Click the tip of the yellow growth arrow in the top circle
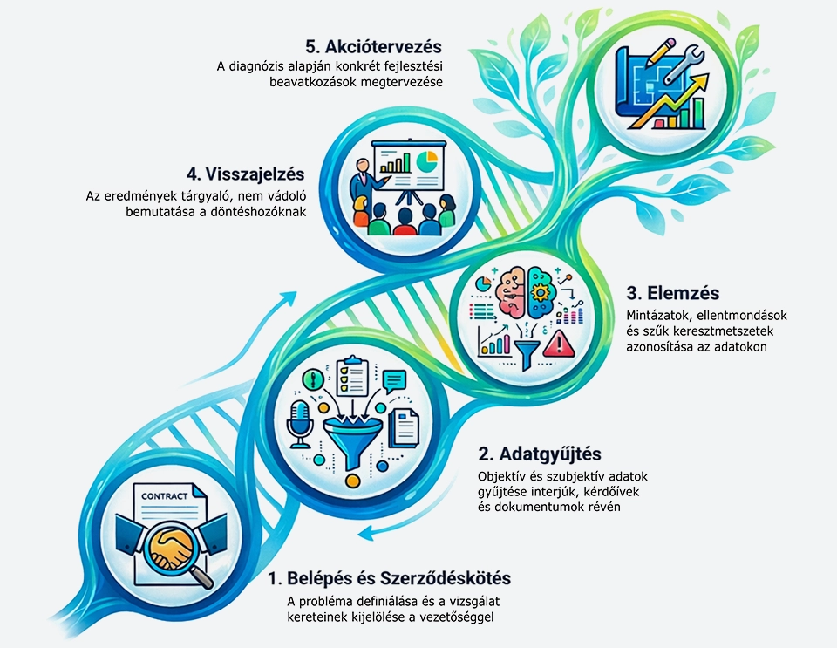[708, 75]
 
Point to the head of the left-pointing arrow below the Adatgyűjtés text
[358, 533]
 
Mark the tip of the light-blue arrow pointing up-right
[296, 292]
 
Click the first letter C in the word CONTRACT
[145, 496]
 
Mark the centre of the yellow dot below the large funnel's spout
[352, 481]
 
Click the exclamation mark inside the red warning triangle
[559, 344]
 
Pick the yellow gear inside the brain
[541, 293]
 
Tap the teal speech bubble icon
[394, 382]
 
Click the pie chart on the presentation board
[427, 161]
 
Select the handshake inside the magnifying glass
[171, 547]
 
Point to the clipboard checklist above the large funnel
[351, 376]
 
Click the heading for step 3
[672, 293]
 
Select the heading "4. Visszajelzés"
[246, 174]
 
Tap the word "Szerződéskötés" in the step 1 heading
[446, 578]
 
